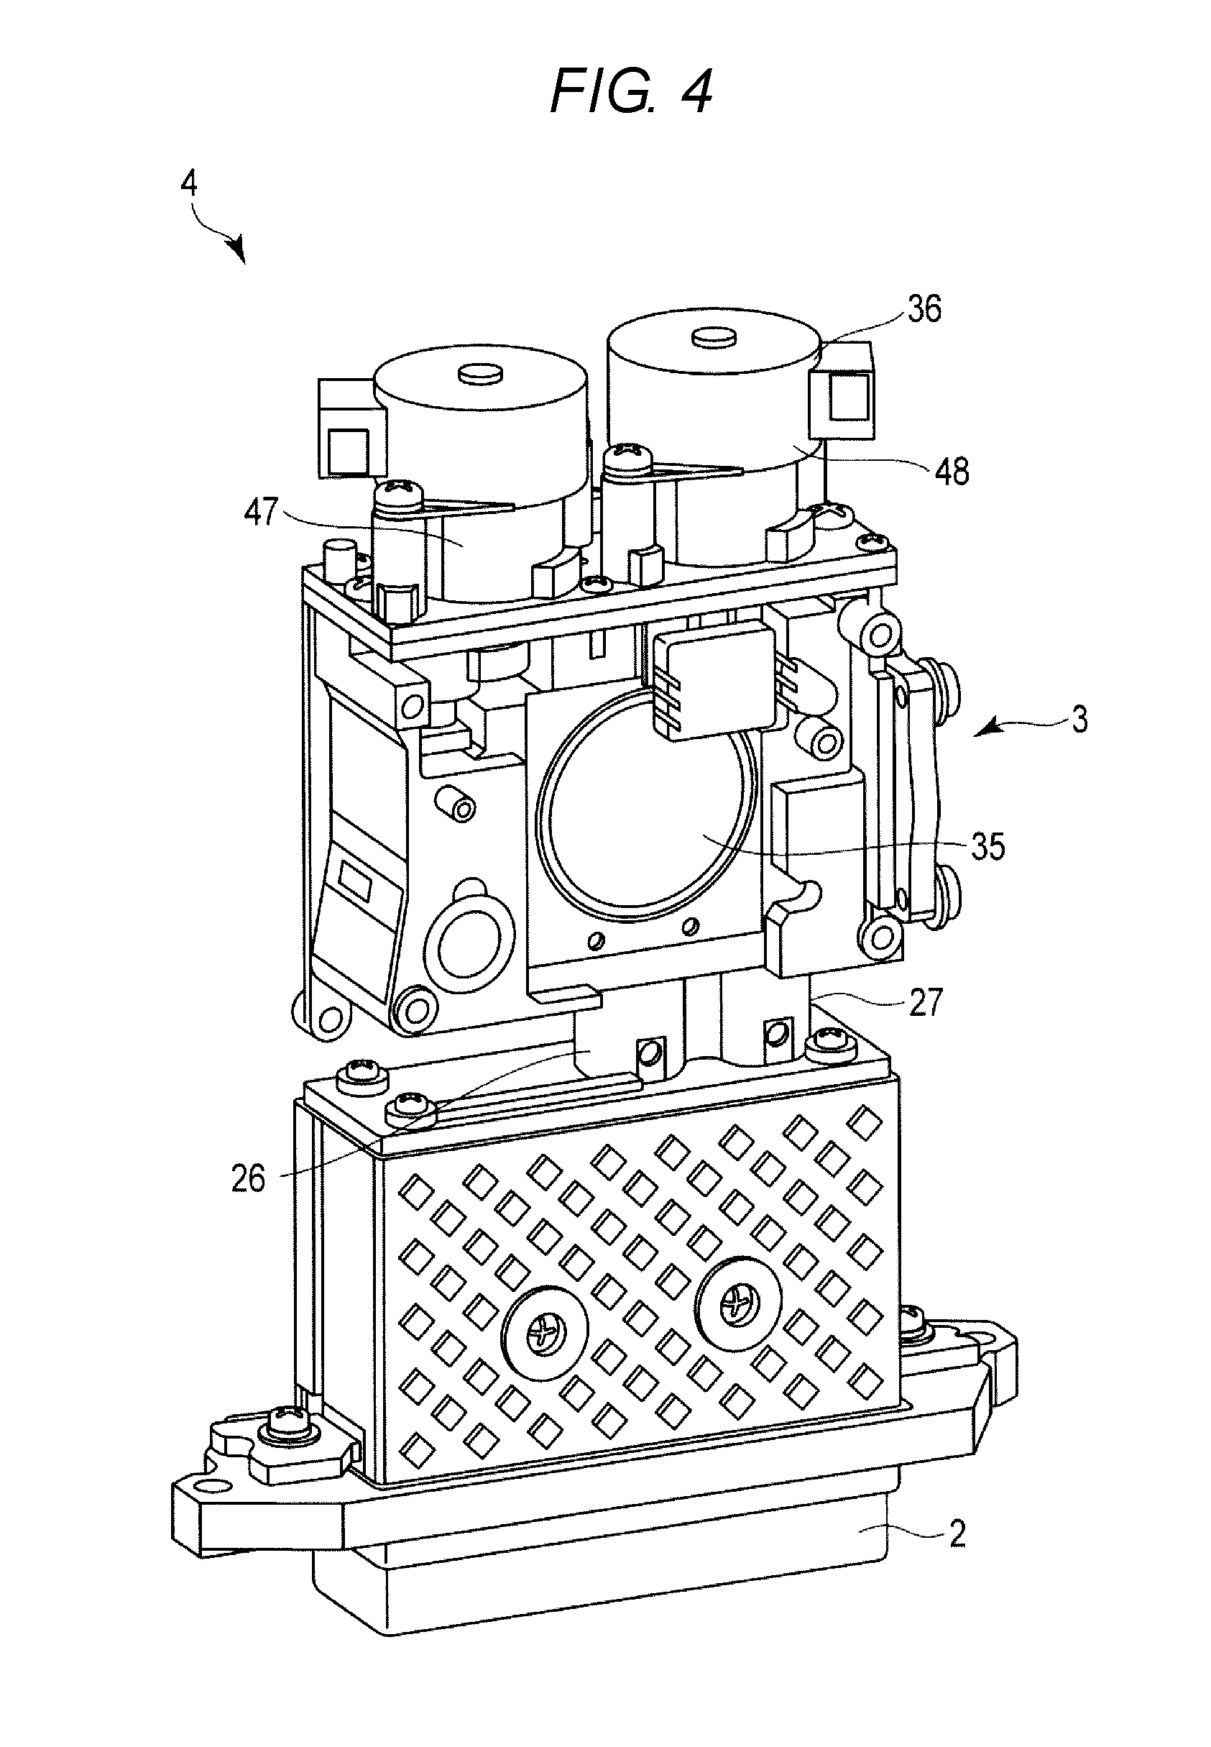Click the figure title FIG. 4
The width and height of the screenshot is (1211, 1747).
click(x=630, y=91)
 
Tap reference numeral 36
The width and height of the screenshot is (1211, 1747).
click(x=924, y=309)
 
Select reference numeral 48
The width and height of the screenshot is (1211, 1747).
click(x=952, y=472)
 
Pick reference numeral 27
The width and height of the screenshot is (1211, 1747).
click(x=925, y=1001)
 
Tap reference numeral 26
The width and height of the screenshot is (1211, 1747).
click(x=248, y=1178)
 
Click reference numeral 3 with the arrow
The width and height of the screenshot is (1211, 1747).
click(x=1078, y=720)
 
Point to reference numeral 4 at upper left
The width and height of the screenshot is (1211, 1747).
click(x=189, y=185)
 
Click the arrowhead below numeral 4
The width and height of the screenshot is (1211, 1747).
click(x=239, y=250)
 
